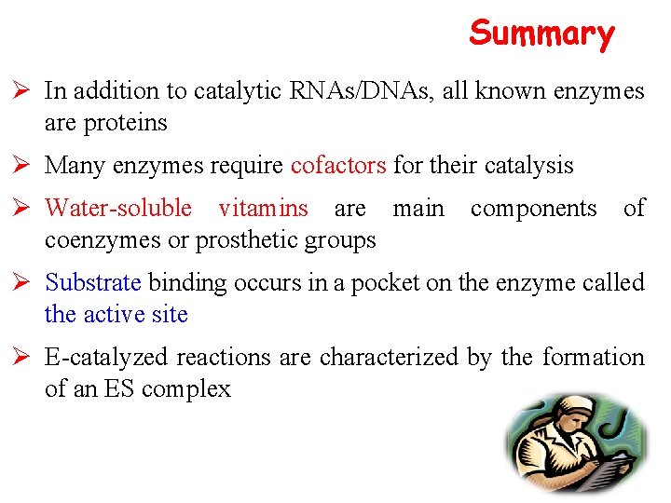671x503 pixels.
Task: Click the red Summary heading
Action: pyautogui.click(x=541, y=34)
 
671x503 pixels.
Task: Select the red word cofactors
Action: pyautogui.click(x=337, y=166)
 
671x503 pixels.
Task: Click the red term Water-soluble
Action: pyautogui.click(x=118, y=209)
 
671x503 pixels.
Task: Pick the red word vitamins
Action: pyautogui.click(x=263, y=209)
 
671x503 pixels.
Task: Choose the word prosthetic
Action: pyautogui.click(x=252, y=240)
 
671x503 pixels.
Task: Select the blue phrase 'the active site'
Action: pyautogui.click(x=116, y=315)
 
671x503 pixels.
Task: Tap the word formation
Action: pyautogui.click(x=594, y=357)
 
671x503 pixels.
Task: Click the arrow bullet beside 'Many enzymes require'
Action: pyautogui.click(x=27, y=166)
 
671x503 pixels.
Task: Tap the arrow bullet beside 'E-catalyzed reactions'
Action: pyautogui.click(x=27, y=357)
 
